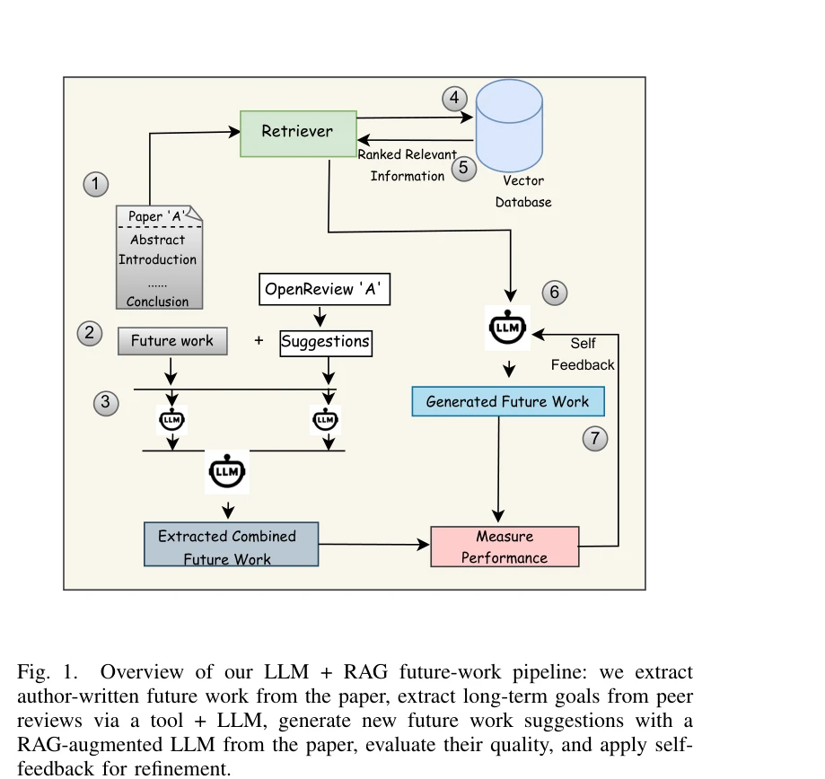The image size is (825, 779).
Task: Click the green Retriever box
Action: coord(298,133)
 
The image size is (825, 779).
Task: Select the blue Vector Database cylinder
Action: coord(509,127)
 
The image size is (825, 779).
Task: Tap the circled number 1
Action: coord(96,185)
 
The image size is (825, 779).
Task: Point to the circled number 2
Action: coord(89,334)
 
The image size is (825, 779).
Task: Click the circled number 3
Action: coord(106,402)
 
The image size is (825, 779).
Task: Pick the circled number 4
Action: coord(454,98)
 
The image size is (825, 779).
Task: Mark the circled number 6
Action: coord(555,293)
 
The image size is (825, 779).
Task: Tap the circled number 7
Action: coord(595,439)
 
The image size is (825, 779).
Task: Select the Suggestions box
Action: coord(325,342)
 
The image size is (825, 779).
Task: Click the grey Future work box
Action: coord(172,341)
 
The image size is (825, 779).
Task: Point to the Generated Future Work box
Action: coord(508,401)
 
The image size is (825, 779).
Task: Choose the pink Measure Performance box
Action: coord(505,547)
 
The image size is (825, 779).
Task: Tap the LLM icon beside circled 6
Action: coord(508,328)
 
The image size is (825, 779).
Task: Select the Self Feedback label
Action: coord(583,354)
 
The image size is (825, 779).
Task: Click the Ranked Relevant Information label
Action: coord(408,165)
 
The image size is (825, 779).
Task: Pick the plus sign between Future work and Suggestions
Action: coord(259,341)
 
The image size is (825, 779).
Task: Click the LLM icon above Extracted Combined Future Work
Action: coord(227,470)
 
